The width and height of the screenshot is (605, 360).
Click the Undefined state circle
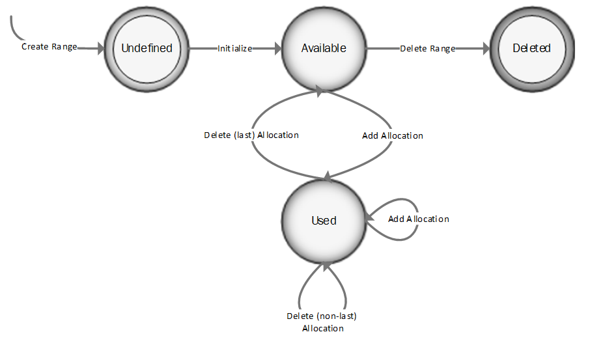[147, 48]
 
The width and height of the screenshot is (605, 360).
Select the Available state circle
[324, 48]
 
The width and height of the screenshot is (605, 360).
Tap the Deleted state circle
[531, 48]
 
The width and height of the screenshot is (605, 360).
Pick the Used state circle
[324, 220]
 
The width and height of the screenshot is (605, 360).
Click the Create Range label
[49, 47]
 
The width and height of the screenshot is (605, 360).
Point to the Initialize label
[234, 48]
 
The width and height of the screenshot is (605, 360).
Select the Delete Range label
[427, 48]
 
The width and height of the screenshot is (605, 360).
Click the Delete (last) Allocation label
[251, 135]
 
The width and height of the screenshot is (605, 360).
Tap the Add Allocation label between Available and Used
[392, 136]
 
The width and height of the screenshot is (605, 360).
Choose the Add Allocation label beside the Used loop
[418, 219]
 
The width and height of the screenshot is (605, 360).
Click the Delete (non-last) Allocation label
[322, 316]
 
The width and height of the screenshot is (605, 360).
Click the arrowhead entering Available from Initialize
[277, 48]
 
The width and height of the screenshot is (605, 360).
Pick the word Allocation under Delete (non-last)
[322, 329]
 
